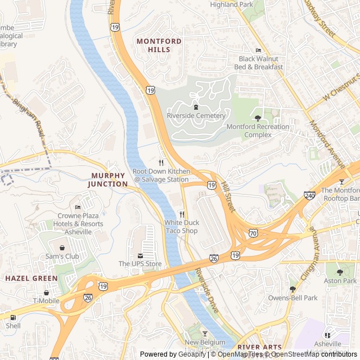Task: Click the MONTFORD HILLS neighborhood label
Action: pos(159,46)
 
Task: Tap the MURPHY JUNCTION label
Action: pos(109,179)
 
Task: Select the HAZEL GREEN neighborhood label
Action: pos(31,278)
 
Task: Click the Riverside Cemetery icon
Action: pos(196,106)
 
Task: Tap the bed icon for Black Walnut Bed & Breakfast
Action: pos(258,50)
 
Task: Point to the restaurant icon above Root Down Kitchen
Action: pos(161,162)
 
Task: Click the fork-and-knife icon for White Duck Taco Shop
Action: pos(182,214)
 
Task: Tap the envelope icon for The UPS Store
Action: pos(140,255)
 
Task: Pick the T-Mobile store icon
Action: pos(46,292)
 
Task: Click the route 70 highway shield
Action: pos(253,232)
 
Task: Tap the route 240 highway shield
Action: pos(309,196)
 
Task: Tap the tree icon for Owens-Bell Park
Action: pos(292,289)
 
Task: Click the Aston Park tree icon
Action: pos(340,272)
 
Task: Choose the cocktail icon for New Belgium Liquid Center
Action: pos(204,334)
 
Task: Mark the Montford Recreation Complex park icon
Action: pos(258,118)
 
